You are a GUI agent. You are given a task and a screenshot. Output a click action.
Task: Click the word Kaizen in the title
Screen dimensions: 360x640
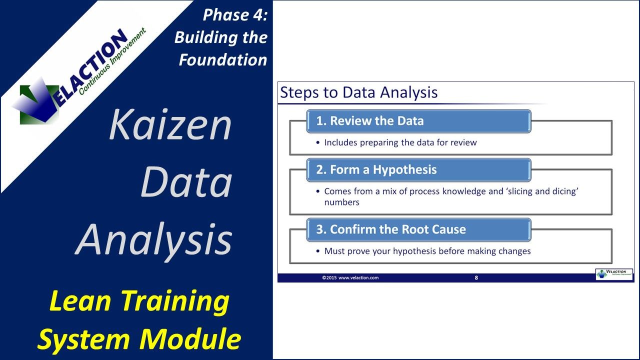170,125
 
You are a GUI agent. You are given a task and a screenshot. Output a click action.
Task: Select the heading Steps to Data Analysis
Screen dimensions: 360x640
358,92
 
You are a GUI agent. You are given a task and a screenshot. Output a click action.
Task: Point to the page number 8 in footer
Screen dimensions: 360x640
476,277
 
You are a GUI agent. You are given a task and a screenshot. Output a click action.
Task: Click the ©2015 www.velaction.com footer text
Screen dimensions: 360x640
350,277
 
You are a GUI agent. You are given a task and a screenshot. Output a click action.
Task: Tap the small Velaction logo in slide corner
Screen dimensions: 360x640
614,274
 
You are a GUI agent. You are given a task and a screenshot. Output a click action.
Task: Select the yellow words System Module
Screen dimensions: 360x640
139,339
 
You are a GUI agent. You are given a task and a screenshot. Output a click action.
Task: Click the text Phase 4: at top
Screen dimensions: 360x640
235,15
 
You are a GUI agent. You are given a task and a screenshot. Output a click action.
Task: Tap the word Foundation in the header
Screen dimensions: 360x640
223,60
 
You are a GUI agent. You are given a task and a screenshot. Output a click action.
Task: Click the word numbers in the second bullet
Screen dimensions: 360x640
341,202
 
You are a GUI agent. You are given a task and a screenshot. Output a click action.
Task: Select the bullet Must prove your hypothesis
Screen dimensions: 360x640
427,251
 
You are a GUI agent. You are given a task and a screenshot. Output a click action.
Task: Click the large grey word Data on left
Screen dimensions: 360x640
186,182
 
